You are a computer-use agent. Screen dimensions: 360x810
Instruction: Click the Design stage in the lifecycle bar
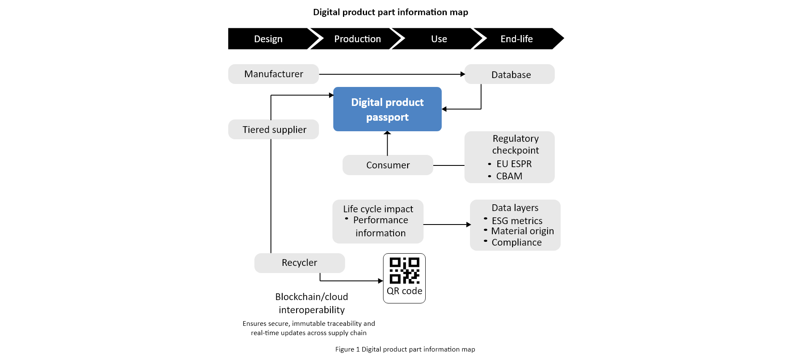(268, 39)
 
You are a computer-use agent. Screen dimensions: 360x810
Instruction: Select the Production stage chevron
(357, 39)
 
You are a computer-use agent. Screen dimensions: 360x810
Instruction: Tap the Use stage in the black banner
(439, 39)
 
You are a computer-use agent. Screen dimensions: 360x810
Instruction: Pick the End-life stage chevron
(516, 39)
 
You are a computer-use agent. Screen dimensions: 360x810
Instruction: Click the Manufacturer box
(273, 74)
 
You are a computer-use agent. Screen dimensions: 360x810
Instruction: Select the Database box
(510, 75)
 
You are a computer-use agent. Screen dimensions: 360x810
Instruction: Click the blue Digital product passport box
(387, 109)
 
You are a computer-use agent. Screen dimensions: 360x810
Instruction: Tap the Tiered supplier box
(274, 130)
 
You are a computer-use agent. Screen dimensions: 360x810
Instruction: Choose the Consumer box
(388, 165)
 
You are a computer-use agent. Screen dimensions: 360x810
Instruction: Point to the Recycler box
(300, 263)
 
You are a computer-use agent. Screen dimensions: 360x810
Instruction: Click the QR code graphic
(404, 271)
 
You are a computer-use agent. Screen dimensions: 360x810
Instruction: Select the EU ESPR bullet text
(514, 164)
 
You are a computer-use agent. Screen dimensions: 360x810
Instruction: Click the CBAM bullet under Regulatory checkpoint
(509, 176)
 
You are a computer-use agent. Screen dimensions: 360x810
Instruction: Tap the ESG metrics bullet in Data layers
(517, 221)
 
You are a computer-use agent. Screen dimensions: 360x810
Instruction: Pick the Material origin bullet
(522, 231)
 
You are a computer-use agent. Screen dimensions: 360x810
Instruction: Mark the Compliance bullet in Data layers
(516, 242)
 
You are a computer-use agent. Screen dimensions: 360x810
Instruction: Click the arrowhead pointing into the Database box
(462, 74)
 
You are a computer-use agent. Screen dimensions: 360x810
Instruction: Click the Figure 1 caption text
(405, 349)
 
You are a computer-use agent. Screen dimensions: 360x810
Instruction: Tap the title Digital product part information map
(390, 12)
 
